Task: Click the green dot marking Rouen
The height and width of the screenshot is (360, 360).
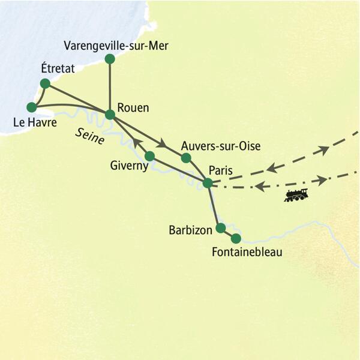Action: (x=110, y=114)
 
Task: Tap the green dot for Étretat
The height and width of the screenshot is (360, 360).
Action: (x=44, y=83)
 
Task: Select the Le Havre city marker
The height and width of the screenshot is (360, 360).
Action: (x=32, y=107)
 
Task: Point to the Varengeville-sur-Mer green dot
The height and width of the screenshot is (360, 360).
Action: (x=110, y=59)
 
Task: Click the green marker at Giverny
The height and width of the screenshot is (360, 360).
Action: (x=150, y=156)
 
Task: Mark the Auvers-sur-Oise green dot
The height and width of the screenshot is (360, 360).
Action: (x=186, y=158)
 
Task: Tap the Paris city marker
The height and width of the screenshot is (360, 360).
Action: (x=208, y=183)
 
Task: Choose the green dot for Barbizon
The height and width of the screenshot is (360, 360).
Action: (x=220, y=228)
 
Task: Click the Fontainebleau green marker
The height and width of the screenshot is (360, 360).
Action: (x=236, y=238)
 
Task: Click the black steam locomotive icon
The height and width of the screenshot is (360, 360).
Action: (x=296, y=195)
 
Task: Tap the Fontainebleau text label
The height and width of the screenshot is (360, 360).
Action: (x=247, y=253)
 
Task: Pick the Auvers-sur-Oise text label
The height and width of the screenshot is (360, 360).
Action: (x=223, y=146)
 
